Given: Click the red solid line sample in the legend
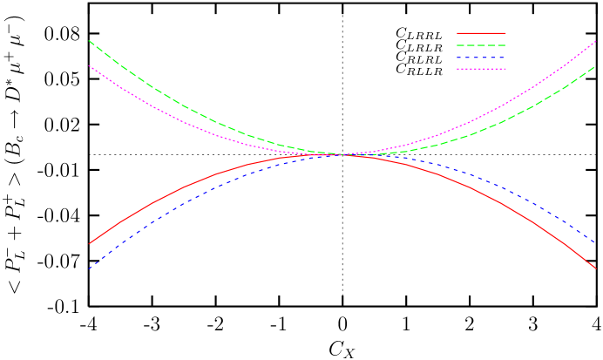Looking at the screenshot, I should pos(481,33).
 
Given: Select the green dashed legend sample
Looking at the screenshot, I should pos(481,45).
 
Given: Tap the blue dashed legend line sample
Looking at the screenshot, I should pos(481,58).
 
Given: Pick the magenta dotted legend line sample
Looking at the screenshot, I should pos(481,69).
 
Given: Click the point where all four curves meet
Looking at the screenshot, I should pos(343,155).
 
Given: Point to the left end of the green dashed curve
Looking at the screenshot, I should pos(90,40).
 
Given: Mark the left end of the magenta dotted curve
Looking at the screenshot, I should pos(90,66).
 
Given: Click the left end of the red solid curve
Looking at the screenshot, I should pos(90,243).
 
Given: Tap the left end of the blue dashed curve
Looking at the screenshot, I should pos(90,268).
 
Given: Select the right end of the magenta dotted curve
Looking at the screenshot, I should pos(596,41).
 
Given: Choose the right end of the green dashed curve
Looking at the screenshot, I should pos(596,66).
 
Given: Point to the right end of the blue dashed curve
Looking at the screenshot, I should pos(596,243).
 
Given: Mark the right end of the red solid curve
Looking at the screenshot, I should pos(596,268).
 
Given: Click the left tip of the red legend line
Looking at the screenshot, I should pos(457,33).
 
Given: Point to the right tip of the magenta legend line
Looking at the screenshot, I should pos(505,69).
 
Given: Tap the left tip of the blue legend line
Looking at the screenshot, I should pos(457,58).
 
